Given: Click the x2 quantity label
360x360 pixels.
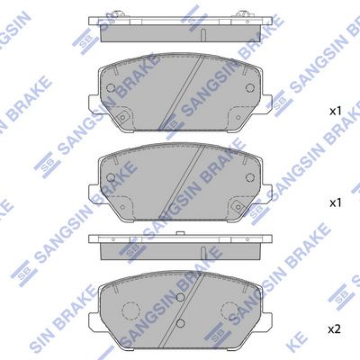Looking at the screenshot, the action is pyautogui.click(x=335, y=329).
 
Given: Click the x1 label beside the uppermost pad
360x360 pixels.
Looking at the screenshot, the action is pyautogui.click(x=336, y=112).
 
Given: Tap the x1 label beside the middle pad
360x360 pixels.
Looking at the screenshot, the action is pyautogui.click(x=336, y=203).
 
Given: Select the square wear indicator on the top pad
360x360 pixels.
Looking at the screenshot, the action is pyautogui.click(x=122, y=117).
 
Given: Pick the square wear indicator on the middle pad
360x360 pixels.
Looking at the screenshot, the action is pyautogui.click(x=238, y=207).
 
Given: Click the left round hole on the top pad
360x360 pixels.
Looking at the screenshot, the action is pyautogui.click(x=111, y=87).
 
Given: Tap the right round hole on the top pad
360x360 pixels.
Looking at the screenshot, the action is pyautogui.click(x=250, y=87).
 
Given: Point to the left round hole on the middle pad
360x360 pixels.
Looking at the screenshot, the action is pyautogui.click(x=111, y=177).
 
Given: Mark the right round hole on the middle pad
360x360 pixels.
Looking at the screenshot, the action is pyautogui.click(x=250, y=177).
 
